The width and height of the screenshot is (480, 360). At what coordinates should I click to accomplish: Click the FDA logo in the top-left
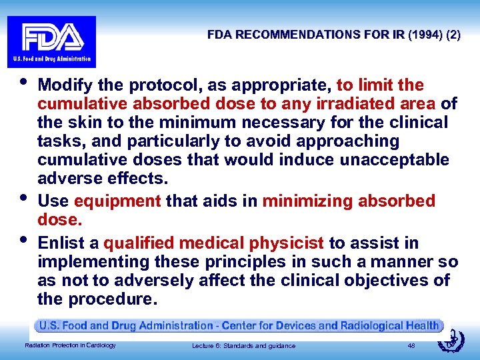click(x=51, y=41)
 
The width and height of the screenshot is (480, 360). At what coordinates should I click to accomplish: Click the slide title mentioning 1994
click(x=333, y=35)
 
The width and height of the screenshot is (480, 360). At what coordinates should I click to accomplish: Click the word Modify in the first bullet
click(x=66, y=85)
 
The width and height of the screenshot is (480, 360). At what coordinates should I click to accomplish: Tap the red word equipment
click(x=118, y=201)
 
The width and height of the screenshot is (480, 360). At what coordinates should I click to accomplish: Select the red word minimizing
click(x=309, y=201)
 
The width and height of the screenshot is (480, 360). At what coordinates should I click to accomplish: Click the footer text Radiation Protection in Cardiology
click(x=70, y=345)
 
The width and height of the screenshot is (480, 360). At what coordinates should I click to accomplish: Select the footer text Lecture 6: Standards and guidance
click(x=243, y=345)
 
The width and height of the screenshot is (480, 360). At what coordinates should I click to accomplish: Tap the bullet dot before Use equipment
click(x=24, y=197)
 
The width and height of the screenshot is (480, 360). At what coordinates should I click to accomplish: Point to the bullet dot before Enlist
click(x=24, y=238)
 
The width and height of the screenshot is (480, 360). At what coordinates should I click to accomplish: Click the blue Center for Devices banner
click(x=240, y=326)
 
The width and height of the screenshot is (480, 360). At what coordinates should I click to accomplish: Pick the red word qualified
click(x=141, y=243)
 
